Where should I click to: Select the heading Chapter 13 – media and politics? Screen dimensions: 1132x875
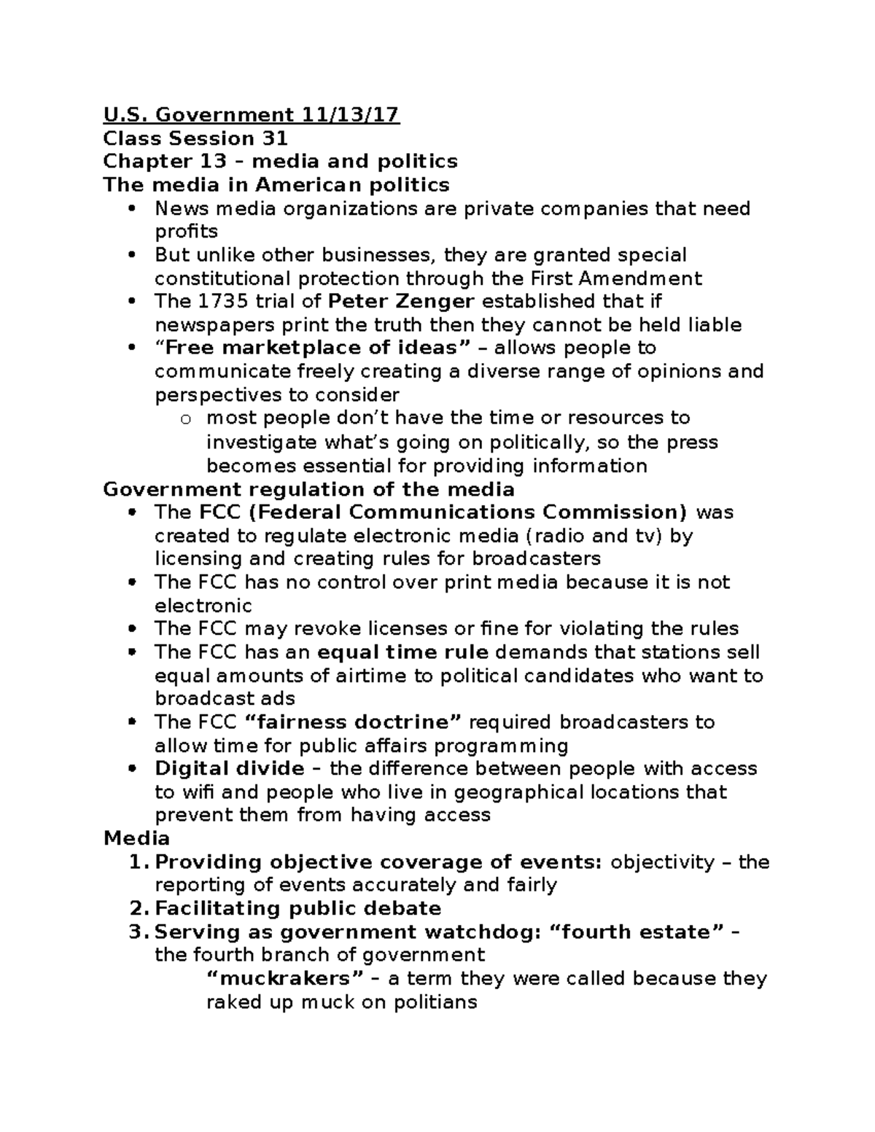pyautogui.click(x=280, y=161)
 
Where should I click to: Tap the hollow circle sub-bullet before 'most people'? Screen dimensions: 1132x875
pyautogui.click(x=186, y=419)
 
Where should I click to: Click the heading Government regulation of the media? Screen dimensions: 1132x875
pyautogui.click(x=308, y=489)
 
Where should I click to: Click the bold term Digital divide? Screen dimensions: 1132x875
pyautogui.click(x=230, y=769)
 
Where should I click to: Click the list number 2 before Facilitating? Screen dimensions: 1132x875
pyautogui.click(x=137, y=909)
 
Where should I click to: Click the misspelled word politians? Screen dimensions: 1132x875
pyautogui.click(x=435, y=1002)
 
